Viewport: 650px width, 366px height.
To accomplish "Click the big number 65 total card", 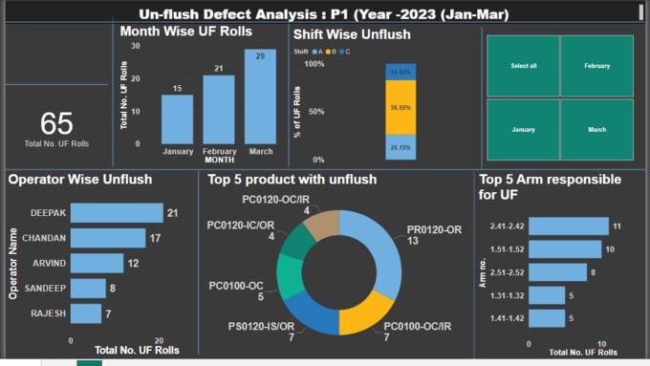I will pyautogui.click(x=56, y=123).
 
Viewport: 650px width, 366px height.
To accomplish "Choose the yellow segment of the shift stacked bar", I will pyautogui.click(x=401, y=107).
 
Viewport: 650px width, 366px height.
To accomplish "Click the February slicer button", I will pyautogui.click(x=596, y=66).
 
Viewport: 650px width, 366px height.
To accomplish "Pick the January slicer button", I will pyautogui.click(x=523, y=129).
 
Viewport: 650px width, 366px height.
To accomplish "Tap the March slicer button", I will pyautogui.click(x=596, y=129).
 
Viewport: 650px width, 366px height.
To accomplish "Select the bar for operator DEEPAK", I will pyautogui.click(x=117, y=213).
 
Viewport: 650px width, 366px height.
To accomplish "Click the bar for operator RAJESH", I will pyautogui.click(x=86, y=313).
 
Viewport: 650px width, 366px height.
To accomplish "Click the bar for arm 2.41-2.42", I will pyautogui.click(x=568, y=226).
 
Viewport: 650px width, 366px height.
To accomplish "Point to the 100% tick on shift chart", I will pyautogui.click(x=314, y=64).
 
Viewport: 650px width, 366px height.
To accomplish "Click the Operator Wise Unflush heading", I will pyautogui.click(x=80, y=179).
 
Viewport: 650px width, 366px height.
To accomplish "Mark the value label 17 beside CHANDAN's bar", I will pyautogui.click(x=154, y=238).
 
